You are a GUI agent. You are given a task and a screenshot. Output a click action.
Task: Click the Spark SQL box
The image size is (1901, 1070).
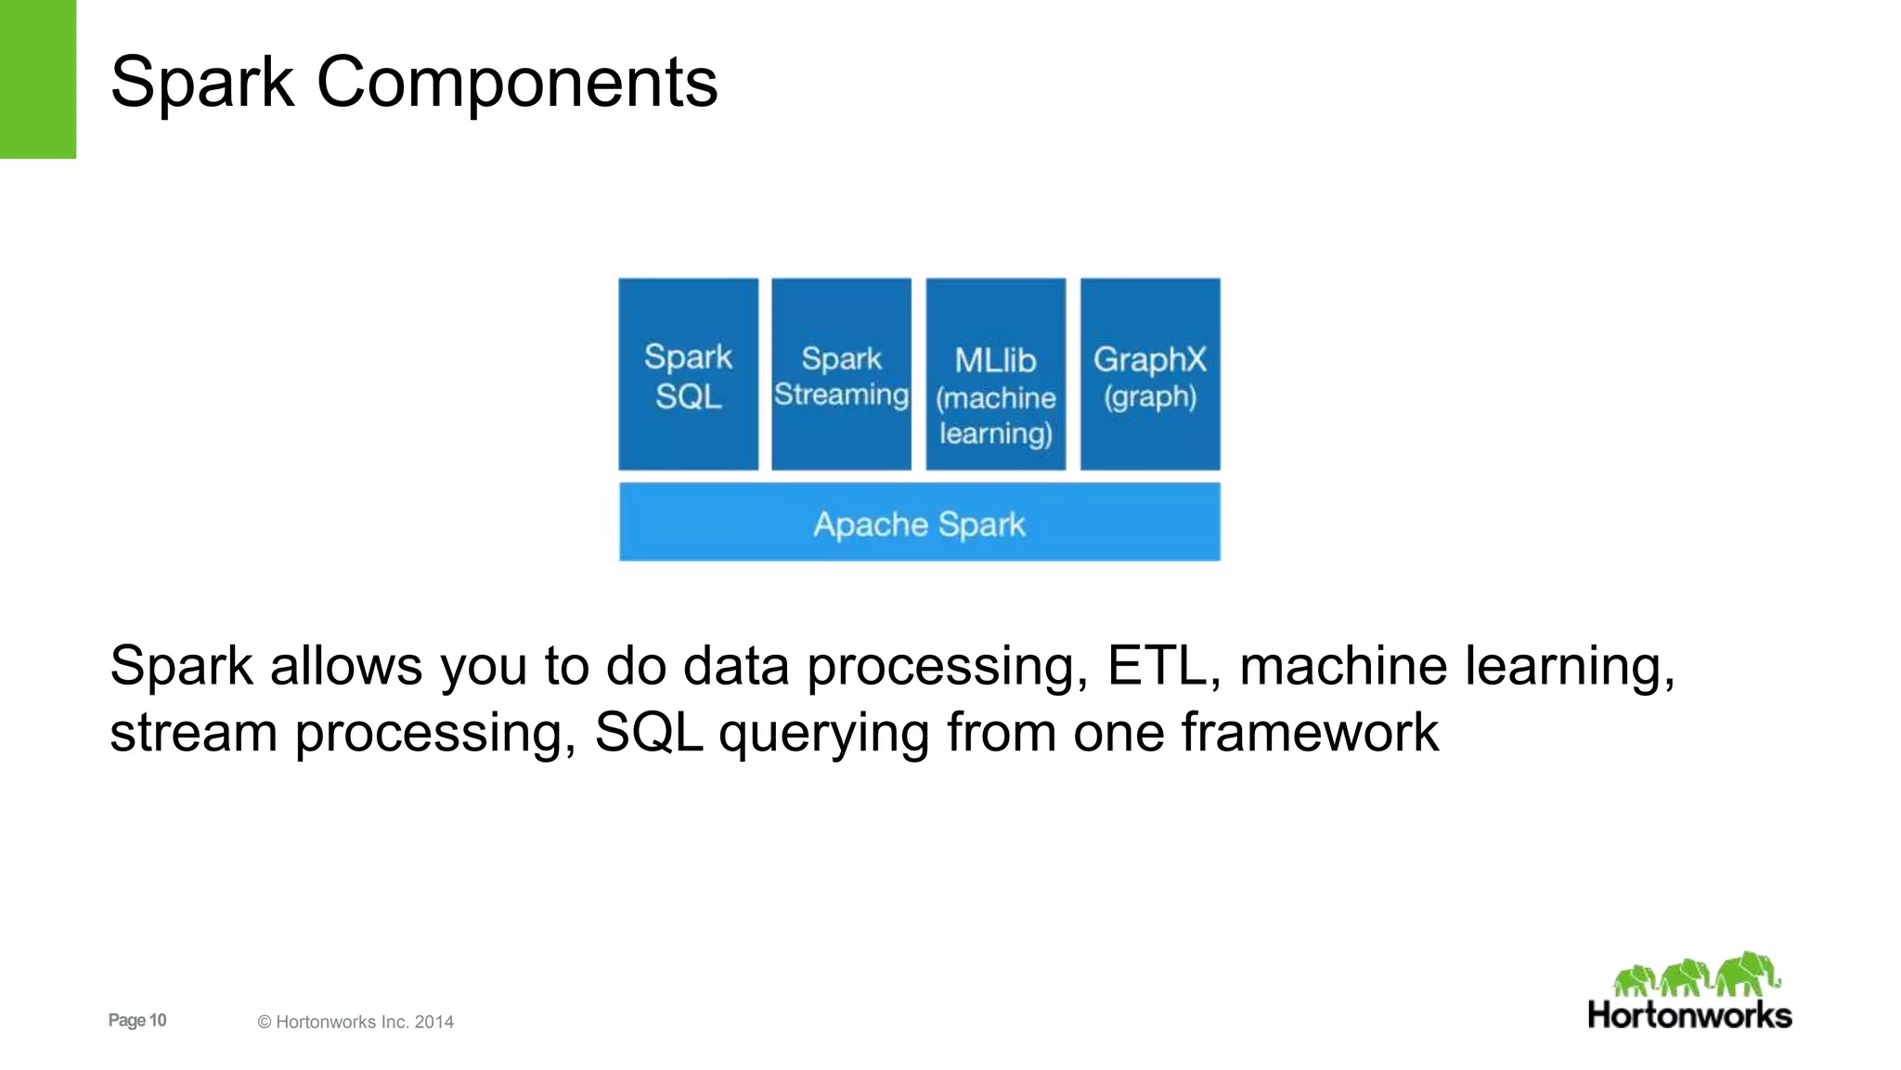688,374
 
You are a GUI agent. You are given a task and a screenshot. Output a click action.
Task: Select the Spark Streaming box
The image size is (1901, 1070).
841,374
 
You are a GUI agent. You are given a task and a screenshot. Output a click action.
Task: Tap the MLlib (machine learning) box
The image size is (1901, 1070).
995,374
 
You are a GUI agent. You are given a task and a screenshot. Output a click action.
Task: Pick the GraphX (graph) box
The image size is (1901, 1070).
1150,374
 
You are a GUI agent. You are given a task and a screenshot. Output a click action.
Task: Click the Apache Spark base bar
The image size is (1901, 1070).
919,522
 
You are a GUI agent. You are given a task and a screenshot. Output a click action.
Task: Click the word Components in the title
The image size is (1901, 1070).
517,82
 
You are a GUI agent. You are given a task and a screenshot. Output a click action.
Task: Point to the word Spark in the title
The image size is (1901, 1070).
202,82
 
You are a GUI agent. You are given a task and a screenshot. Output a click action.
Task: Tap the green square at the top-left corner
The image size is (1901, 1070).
37,79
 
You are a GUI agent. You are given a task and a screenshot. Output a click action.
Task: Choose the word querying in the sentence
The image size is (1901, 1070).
823,734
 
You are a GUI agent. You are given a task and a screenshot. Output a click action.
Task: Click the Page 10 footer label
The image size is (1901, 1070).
137,1020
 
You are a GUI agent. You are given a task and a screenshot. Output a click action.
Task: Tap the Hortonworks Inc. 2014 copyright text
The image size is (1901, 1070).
356,1022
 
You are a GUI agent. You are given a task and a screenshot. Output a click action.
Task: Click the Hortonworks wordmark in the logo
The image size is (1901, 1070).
1689,1014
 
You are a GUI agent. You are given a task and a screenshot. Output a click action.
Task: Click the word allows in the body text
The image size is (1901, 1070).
345,666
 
